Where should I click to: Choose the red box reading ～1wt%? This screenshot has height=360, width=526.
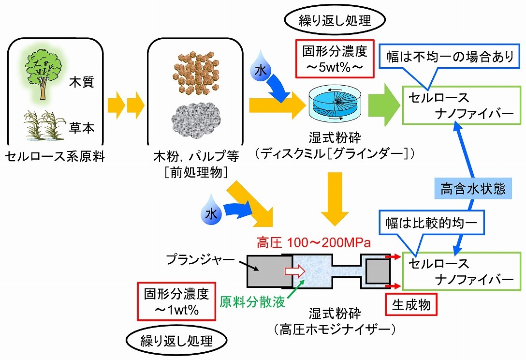coord(176,301)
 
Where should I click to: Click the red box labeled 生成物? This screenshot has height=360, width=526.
coord(410,305)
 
